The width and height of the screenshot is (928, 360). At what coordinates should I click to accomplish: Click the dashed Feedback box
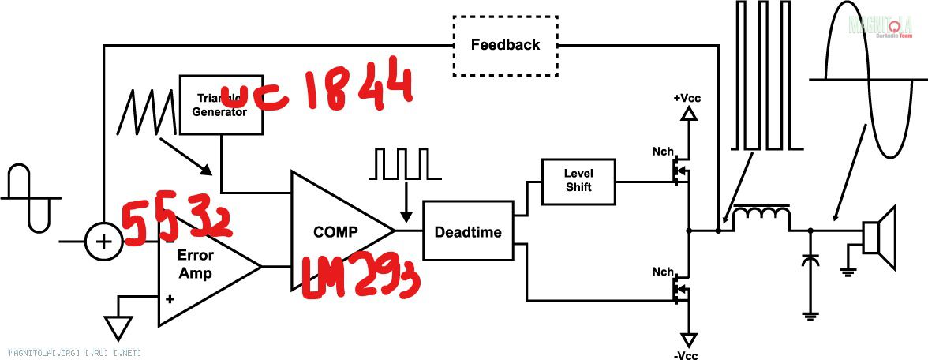tap(505, 45)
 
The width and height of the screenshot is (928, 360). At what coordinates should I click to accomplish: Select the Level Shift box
tap(578, 180)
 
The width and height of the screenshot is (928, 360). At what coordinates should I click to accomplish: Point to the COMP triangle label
tap(335, 232)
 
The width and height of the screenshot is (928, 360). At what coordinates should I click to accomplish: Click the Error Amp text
tap(195, 264)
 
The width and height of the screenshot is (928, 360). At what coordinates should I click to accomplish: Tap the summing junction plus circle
tap(103, 242)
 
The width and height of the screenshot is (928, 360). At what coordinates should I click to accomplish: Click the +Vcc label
tap(687, 98)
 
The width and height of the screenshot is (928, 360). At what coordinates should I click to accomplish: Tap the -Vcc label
tap(687, 354)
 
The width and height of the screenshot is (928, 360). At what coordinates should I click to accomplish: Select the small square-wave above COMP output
tap(402, 163)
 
